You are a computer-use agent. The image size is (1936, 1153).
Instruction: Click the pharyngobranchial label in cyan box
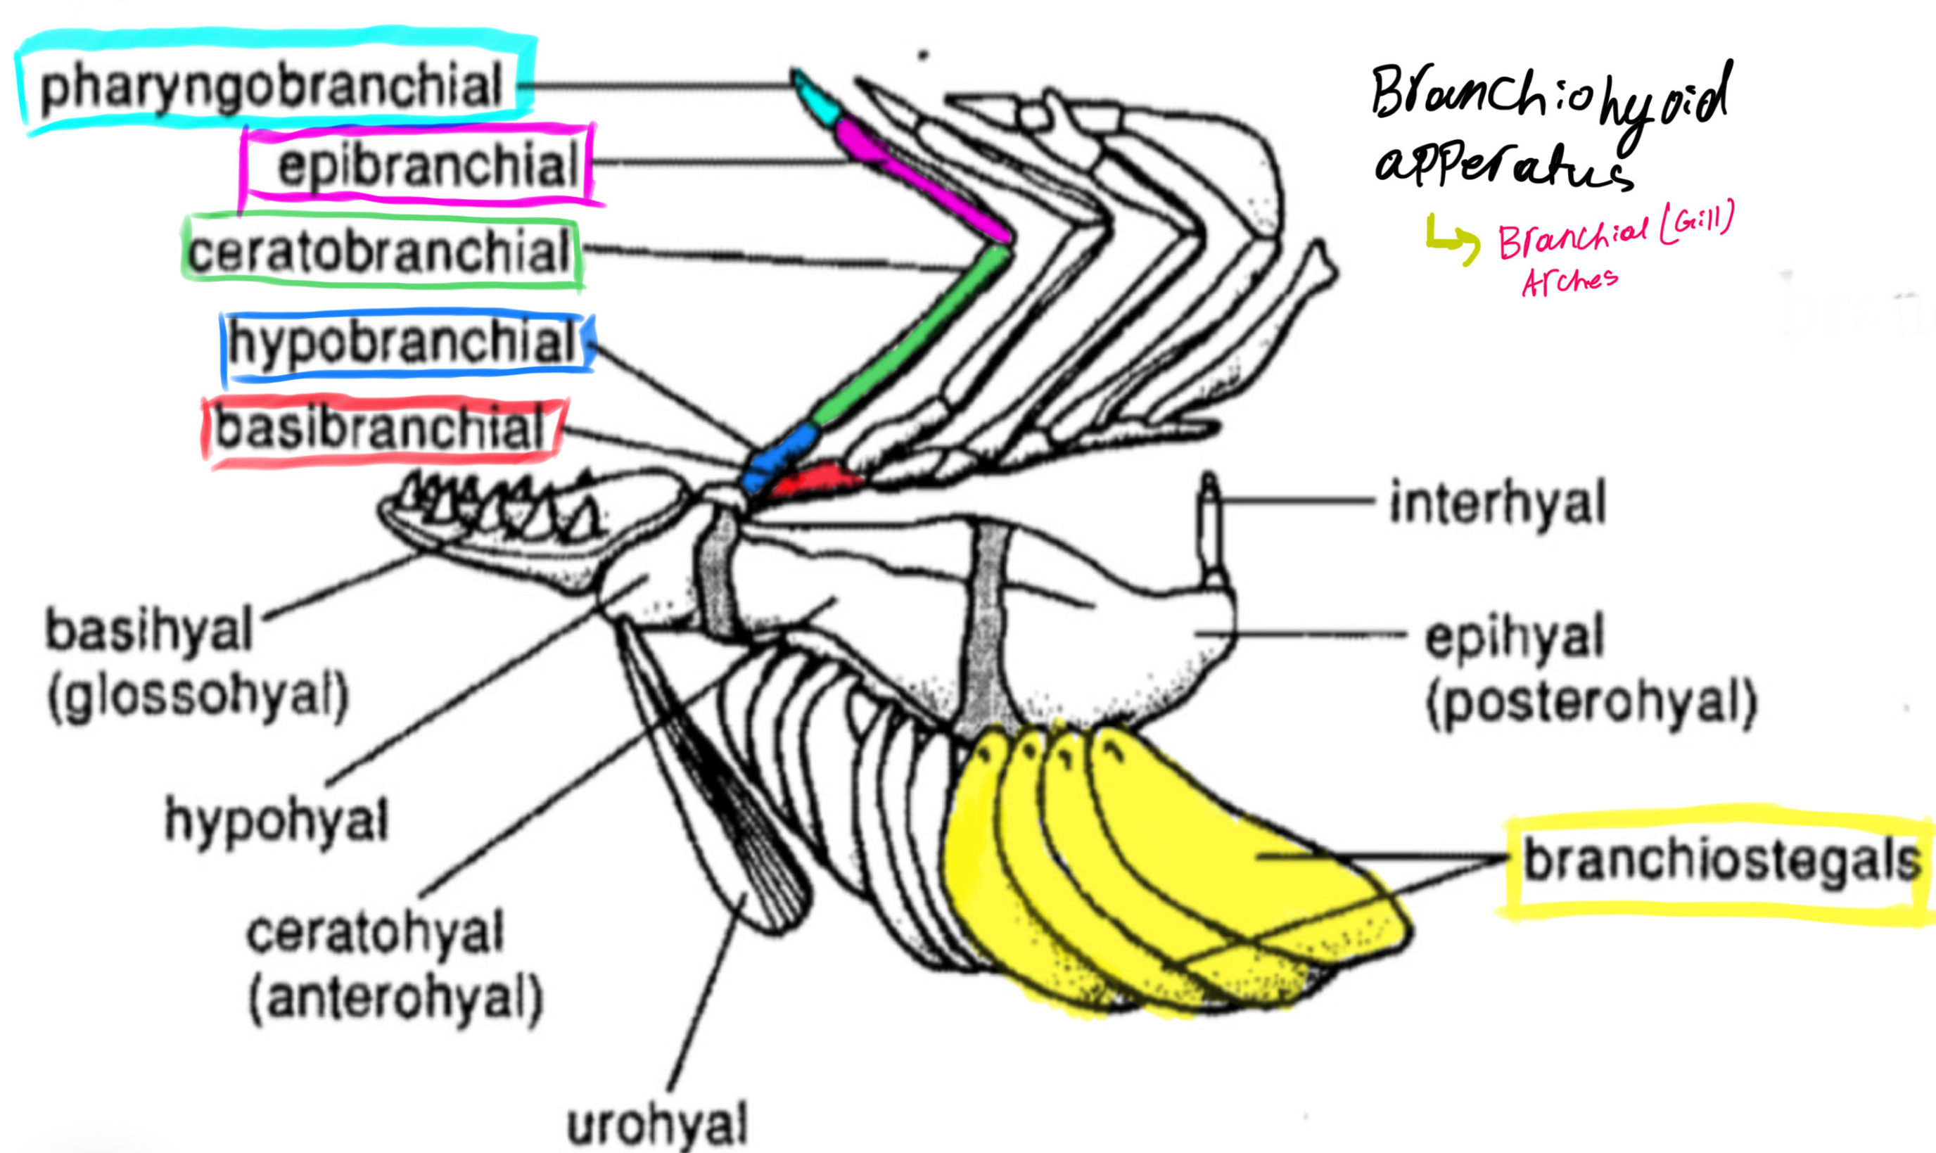pyautogui.click(x=272, y=87)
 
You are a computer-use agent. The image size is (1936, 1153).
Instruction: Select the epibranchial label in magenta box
pyautogui.click(x=427, y=165)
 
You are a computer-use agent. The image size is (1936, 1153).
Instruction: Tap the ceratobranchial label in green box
pyautogui.click(x=379, y=253)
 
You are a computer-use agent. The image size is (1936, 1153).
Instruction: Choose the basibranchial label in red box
pyautogui.click(x=379, y=430)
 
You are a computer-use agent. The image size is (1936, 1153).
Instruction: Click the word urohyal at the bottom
pyautogui.click(x=657, y=1123)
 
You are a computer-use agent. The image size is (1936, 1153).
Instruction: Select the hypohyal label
pyautogui.click(x=276, y=820)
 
